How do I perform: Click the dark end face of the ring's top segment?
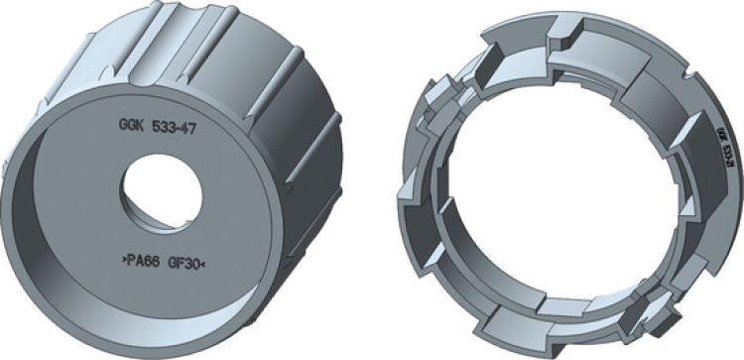(561, 40)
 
